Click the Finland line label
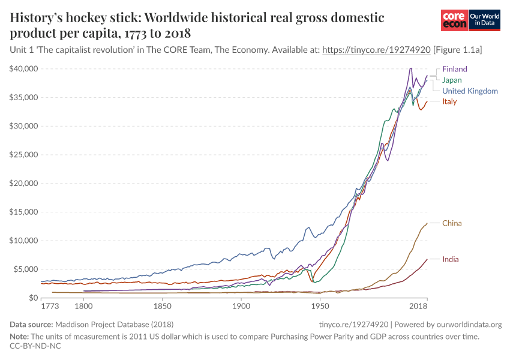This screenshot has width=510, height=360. coord(454,69)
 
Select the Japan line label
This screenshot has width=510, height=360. coord(452,80)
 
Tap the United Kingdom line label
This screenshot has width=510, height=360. coord(470,91)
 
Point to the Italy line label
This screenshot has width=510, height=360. coord(449,101)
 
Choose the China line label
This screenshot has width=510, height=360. coord(452,223)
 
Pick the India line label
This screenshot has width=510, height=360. coord(451,259)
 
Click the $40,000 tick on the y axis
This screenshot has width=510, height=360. coord(24,69)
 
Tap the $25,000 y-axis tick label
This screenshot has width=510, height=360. coord(24,155)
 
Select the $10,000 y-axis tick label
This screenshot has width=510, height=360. coord(24,241)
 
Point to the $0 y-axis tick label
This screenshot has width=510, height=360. coord(34,298)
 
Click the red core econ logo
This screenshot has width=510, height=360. coord(454,20)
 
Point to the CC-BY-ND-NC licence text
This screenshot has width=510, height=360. coord(35,346)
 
